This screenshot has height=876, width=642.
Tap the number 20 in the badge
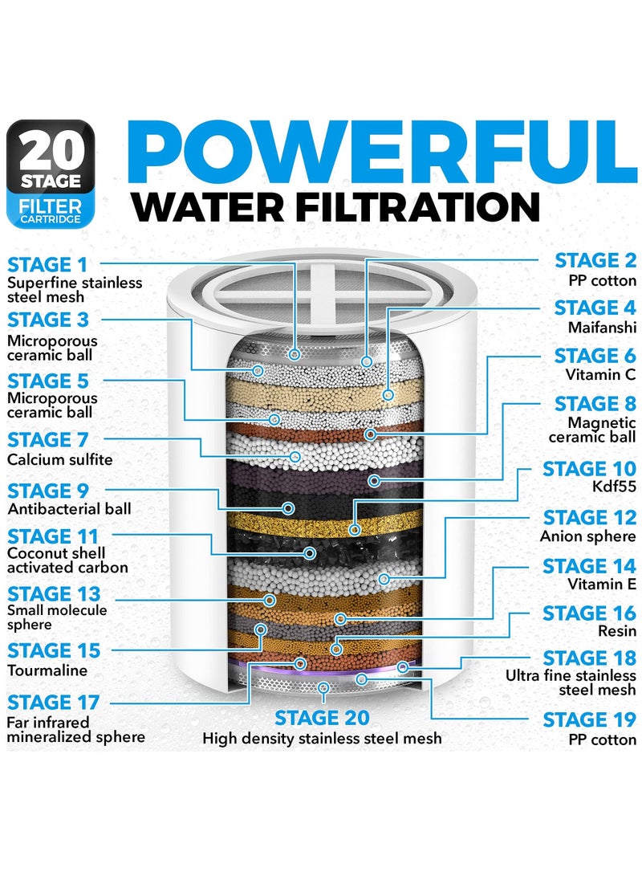click(51, 150)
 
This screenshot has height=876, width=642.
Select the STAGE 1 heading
click(50, 265)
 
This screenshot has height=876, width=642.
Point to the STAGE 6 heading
click(595, 356)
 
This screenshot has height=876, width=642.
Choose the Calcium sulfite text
click(60, 459)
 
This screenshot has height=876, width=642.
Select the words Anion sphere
click(588, 536)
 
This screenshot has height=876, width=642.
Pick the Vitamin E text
click(602, 585)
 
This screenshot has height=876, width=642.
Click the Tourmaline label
click(47, 670)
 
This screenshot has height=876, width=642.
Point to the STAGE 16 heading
click(588, 613)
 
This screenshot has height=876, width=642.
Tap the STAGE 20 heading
click(322, 717)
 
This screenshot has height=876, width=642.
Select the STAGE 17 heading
click(53, 703)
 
